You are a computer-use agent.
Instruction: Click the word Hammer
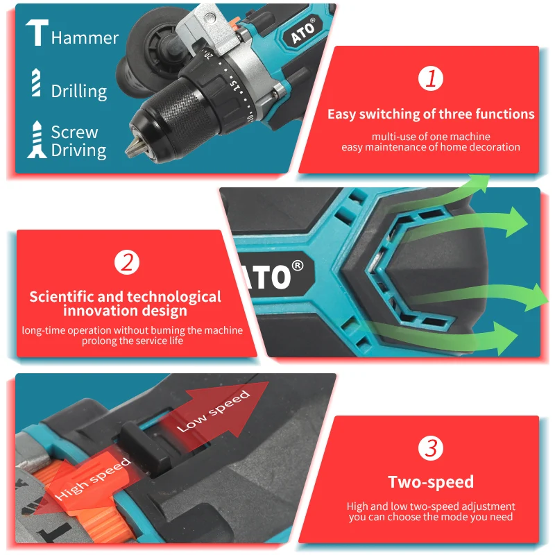click(x=85, y=37)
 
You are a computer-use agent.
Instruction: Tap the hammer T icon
click(x=36, y=33)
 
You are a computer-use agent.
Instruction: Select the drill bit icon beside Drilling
click(x=36, y=83)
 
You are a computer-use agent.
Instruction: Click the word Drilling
click(x=79, y=91)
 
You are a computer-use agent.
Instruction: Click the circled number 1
click(x=431, y=79)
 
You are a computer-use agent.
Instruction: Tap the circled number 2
click(x=126, y=262)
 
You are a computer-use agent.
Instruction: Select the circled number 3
click(x=431, y=448)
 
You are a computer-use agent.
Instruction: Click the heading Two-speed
click(x=431, y=482)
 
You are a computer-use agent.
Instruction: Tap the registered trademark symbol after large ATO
click(x=298, y=266)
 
